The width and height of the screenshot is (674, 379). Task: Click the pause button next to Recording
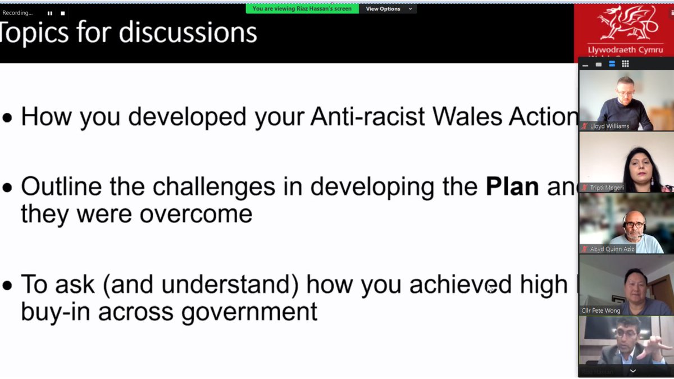[49, 13]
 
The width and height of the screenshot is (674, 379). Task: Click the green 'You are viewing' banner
[302, 9]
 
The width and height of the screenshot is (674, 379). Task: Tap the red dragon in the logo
[624, 24]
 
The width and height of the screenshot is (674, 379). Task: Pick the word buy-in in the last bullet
[55, 311]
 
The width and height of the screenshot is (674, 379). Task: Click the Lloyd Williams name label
[609, 126]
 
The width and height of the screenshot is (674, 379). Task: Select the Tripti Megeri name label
[607, 188]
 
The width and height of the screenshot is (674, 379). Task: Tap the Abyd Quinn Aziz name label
[612, 249]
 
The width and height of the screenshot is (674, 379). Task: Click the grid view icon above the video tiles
[625, 64]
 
